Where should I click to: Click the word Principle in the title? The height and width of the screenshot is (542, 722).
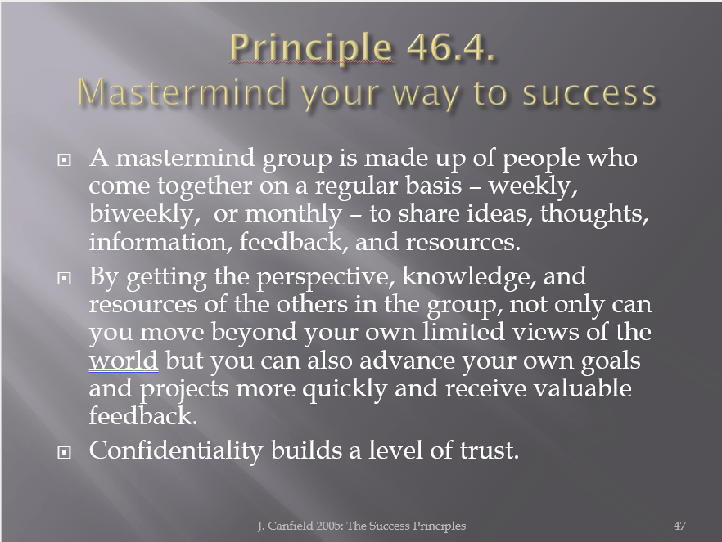(311, 47)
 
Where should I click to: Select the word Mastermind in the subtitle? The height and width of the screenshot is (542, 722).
(182, 92)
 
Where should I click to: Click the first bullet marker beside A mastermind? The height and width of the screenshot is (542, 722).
(64, 159)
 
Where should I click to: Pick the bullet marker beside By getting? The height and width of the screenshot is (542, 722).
(64, 278)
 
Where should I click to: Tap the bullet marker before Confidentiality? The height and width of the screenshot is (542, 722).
(64, 452)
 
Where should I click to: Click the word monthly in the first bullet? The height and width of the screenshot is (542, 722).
(293, 214)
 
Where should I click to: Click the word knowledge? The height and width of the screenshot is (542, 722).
(469, 277)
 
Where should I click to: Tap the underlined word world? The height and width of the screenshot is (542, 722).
(124, 360)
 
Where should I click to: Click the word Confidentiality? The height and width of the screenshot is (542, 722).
(175, 450)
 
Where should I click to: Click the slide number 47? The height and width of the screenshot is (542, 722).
(679, 526)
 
